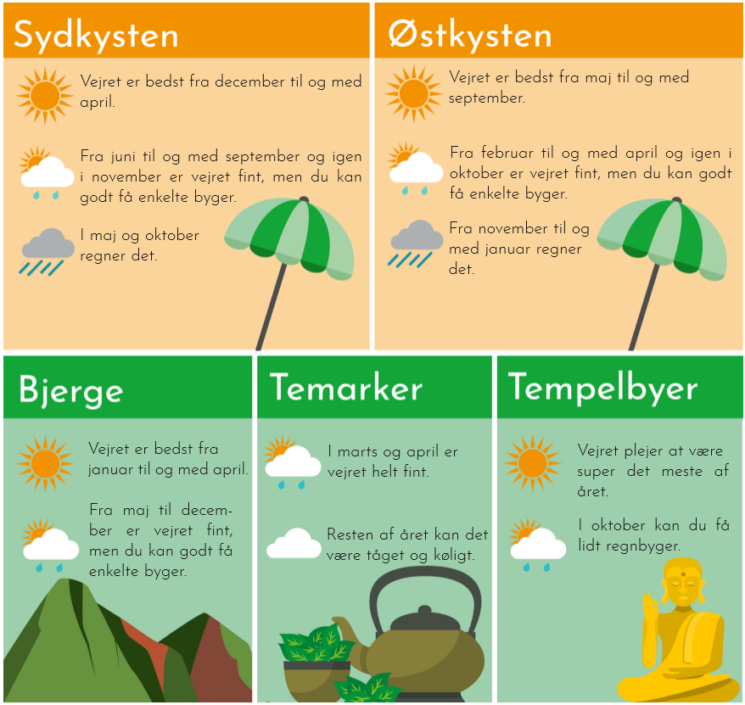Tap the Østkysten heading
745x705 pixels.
pyautogui.click(x=470, y=36)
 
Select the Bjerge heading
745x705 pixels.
pyautogui.click(x=70, y=391)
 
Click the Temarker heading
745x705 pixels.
pyautogui.click(x=346, y=387)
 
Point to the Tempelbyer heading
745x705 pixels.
pyautogui.click(x=602, y=388)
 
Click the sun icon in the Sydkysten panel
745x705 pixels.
pyautogui.click(x=45, y=96)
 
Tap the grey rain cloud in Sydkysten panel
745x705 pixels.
pyautogui.click(x=48, y=251)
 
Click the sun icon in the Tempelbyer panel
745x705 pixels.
pyautogui.click(x=533, y=462)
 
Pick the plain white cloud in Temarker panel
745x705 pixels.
pyautogui.click(x=294, y=543)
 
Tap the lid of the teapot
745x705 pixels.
pyautogui.click(x=426, y=620)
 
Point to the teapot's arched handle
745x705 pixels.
pyautogui.click(x=425, y=577)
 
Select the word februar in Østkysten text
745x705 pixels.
pyautogui.click(x=507, y=153)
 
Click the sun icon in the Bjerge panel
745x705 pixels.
pyautogui.click(x=45, y=463)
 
